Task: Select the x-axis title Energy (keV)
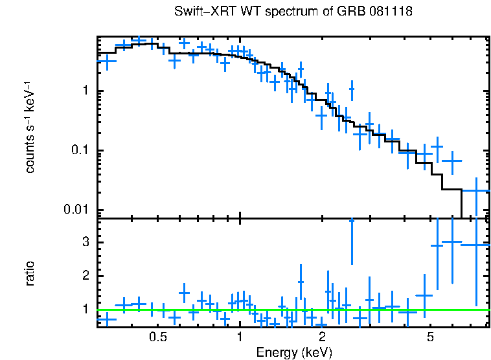[294, 352]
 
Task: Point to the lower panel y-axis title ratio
[30, 273]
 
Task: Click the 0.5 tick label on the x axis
[157, 337]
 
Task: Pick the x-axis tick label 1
[240, 337]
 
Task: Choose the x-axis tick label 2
[322, 337]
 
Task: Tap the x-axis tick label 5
[430, 337]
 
